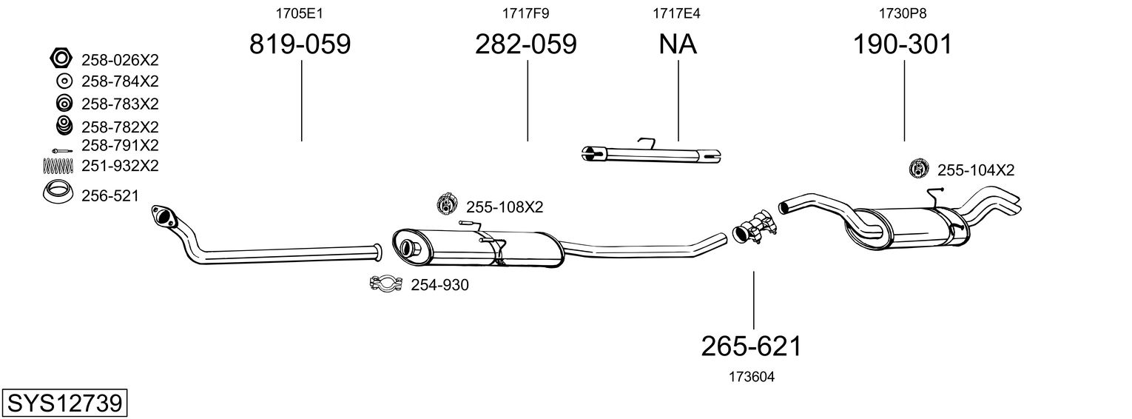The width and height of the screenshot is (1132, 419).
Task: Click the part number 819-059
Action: tap(300, 44)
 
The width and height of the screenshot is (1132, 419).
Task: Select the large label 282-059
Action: tap(525, 44)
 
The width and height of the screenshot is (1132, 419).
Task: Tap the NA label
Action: tap(678, 44)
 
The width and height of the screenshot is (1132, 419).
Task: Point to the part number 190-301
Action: tap(903, 44)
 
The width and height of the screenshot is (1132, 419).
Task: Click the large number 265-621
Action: tap(752, 346)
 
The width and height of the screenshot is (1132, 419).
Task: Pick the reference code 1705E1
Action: tap(299, 13)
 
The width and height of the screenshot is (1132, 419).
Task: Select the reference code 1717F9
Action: tap(525, 13)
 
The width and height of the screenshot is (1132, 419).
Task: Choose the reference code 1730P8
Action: tap(903, 13)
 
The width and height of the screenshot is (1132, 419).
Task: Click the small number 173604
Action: tap(752, 377)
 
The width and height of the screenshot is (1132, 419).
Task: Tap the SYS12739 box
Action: tap(64, 403)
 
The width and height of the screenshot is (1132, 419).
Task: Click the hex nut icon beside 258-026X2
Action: tap(61, 58)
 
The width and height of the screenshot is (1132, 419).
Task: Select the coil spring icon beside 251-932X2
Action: tap(58, 165)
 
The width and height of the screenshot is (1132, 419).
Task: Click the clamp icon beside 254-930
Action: tap(385, 284)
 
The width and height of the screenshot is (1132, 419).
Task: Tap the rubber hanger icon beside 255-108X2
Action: tap(447, 204)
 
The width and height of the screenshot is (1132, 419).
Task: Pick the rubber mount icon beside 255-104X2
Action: tap(919, 168)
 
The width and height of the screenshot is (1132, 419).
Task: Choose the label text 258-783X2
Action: tap(120, 104)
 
